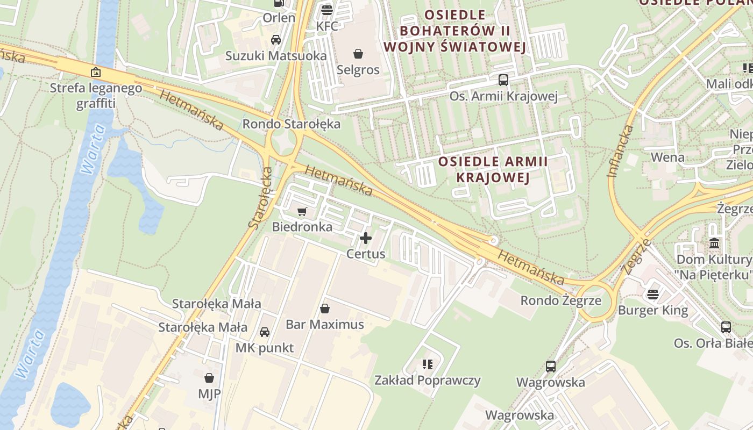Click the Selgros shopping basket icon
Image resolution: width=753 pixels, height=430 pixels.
(358, 54)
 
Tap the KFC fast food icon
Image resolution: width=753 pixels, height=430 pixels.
(326, 10)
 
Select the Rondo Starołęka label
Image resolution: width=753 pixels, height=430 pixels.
(292, 124)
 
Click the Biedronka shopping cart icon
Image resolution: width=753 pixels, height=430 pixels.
(302, 212)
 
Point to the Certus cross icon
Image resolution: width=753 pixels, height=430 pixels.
(366, 238)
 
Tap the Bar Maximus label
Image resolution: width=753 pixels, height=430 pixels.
(325, 325)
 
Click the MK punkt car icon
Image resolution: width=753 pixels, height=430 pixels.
(265, 332)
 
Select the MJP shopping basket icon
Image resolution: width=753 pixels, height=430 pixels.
(209, 378)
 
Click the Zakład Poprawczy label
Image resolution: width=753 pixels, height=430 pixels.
(428, 381)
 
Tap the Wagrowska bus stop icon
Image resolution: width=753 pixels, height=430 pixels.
(551, 367)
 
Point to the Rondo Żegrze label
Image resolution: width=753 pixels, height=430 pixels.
(560, 300)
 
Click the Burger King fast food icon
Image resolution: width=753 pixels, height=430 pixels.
(653, 295)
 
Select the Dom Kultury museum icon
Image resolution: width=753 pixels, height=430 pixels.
(714, 243)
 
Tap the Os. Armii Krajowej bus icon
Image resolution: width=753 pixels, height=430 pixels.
(503, 80)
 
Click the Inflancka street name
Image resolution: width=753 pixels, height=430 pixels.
(620, 151)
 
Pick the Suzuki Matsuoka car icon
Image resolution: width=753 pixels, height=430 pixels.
(276, 40)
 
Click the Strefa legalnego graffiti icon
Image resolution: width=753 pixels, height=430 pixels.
(96, 72)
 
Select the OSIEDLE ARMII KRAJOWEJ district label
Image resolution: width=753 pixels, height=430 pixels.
(493, 169)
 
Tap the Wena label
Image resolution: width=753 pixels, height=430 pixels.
(667, 157)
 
